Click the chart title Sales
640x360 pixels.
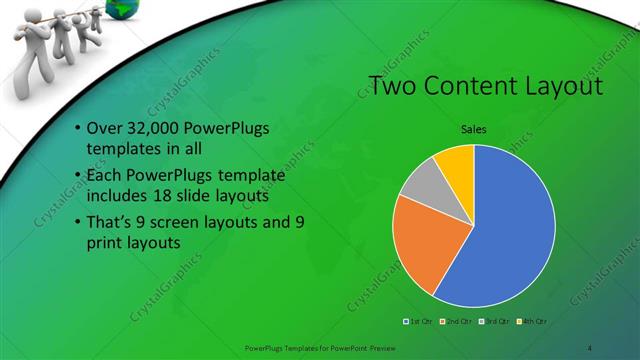474,128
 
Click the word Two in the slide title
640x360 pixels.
393,87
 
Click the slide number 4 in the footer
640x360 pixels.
590,347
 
